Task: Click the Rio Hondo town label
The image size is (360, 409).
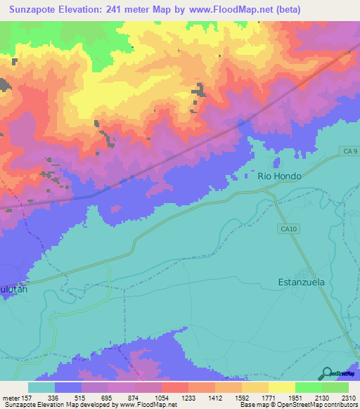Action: (279, 176)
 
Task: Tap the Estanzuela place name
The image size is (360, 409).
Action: (302, 284)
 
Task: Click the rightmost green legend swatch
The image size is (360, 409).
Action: (335, 387)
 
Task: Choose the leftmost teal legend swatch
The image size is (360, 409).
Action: (41, 387)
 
